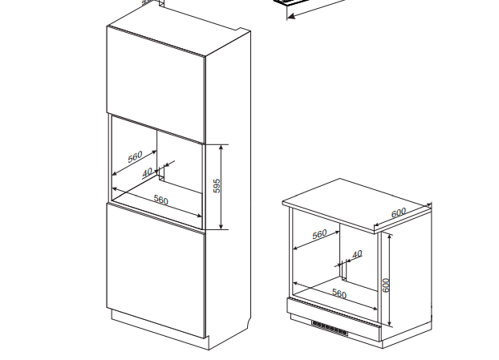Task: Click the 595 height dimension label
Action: pyautogui.click(x=217, y=186)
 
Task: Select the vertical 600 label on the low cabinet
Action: pyautogui.click(x=385, y=285)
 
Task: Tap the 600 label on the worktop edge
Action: pyautogui.click(x=399, y=212)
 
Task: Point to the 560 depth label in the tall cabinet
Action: pyautogui.click(x=135, y=157)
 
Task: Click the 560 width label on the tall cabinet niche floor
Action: pyautogui.click(x=160, y=200)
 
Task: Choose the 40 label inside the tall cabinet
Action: pyautogui.click(x=147, y=172)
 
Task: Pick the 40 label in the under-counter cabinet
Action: pyautogui.click(x=357, y=254)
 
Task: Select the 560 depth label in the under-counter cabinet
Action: pyautogui.click(x=319, y=234)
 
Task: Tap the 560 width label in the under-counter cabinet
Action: pyautogui.click(x=339, y=293)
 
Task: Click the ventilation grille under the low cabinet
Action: pyautogui.click(x=330, y=329)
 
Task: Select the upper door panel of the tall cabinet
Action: pyautogui.click(x=156, y=84)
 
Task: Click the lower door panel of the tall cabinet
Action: pyautogui.click(x=156, y=270)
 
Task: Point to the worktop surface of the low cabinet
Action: pyautogui.click(x=356, y=204)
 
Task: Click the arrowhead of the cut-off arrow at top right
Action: pyautogui.click(x=291, y=16)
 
